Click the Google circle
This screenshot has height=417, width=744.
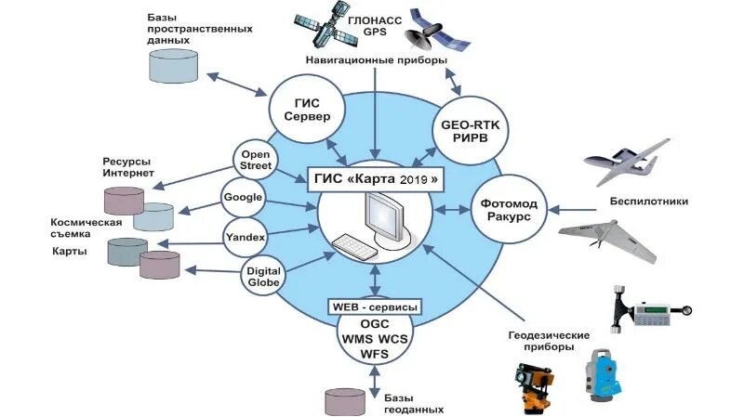click(245, 198)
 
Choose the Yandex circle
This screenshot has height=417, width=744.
click(246, 237)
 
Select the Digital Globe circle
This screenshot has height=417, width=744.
click(263, 275)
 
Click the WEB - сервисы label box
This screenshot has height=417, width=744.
click(374, 306)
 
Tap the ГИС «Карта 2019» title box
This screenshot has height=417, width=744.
click(373, 177)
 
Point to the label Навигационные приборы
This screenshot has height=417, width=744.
click(377, 60)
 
